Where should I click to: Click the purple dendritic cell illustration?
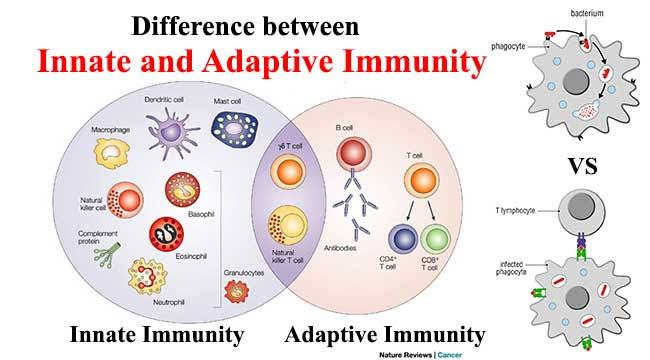[x=171, y=133]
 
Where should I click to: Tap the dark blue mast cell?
[x=235, y=129]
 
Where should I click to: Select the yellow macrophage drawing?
[x=112, y=153]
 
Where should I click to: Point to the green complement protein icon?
[x=107, y=255]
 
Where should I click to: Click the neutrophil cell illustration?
[x=148, y=276]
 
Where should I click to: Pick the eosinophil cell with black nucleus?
[x=166, y=234]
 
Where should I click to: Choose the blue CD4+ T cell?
[x=403, y=239]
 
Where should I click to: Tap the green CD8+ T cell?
[x=435, y=239]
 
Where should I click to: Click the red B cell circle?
[x=354, y=153]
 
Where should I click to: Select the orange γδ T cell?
[x=289, y=172]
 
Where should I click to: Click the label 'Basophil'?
[x=201, y=214]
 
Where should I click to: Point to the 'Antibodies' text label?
[x=340, y=248]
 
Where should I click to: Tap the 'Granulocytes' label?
[x=244, y=273]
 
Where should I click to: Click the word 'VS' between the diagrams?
[x=582, y=166]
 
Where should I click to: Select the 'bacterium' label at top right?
[x=587, y=13]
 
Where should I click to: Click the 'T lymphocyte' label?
[x=515, y=211]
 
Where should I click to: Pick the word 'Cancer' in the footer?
[x=450, y=355]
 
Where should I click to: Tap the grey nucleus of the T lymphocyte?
[x=581, y=206]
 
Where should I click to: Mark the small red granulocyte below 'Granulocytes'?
[x=236, y=291]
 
